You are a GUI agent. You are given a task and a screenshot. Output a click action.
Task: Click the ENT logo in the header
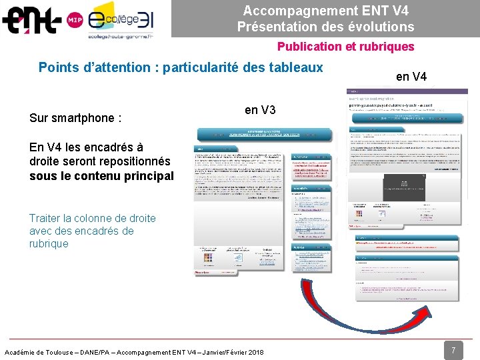click(32, 20)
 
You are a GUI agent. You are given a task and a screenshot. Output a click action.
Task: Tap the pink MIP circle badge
click(75, 21)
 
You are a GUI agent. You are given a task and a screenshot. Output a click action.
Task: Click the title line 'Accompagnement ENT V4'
click(325, 11)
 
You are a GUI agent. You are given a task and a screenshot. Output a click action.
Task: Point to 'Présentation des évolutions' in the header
click(325, 27)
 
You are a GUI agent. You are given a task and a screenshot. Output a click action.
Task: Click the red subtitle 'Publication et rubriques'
click(345, 47)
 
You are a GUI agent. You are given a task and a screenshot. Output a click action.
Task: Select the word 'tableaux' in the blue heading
click(298, 67)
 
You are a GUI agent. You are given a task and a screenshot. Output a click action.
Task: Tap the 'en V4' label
click(411, 77)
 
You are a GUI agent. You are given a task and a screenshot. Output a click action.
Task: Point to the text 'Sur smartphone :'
click(75, 119)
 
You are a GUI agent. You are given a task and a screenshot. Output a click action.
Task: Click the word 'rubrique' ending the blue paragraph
click(49, 243)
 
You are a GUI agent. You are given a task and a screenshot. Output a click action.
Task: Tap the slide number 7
click(453, 349)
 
